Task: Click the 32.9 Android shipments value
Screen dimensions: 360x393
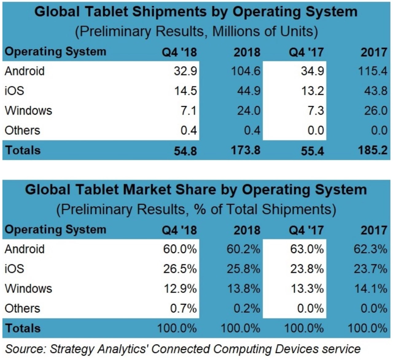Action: point(185,71)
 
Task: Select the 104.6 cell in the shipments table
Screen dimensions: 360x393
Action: point(246,71)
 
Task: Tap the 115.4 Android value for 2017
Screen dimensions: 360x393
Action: point(372,71)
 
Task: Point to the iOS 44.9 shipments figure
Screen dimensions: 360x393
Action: point(248,91)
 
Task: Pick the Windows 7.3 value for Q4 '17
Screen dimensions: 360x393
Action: point(316,110)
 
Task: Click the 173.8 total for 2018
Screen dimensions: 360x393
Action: point(246,150)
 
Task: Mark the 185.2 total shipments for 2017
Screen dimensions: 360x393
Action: point(372,150)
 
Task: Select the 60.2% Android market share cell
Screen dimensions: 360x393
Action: point(243,249)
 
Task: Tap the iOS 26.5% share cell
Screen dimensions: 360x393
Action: point(180,269)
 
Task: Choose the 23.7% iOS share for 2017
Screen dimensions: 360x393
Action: point(370,269)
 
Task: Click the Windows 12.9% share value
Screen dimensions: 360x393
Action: point(180,289)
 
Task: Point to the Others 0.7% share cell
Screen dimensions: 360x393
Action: point(183,308)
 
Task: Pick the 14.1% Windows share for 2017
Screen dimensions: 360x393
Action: point(371,289)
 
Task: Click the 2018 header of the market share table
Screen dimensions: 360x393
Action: point(247,230)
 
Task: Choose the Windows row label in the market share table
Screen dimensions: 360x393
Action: point(29,289)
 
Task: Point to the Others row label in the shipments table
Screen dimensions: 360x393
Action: point(22,130)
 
